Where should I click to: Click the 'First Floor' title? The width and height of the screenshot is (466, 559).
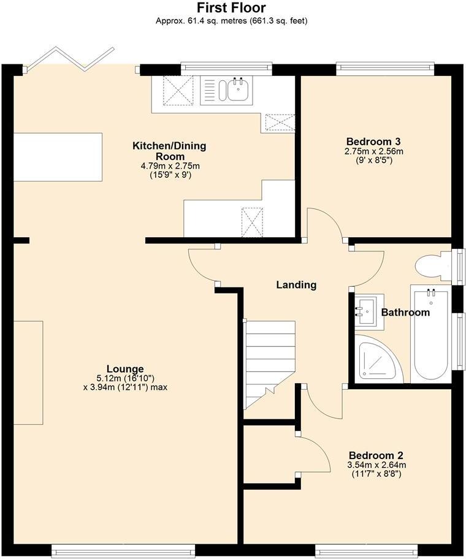point(231,8)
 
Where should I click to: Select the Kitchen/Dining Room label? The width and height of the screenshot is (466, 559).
point(170,151)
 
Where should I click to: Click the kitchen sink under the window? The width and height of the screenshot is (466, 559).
point(237,91)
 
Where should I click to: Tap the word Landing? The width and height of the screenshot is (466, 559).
point(296,284)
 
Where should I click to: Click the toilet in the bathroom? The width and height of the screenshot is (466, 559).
point(433,267)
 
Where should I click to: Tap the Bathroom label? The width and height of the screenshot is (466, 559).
point(405,312)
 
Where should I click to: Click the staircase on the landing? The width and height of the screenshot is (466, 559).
point(269,362)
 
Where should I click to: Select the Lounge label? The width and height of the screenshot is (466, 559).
point(125,368)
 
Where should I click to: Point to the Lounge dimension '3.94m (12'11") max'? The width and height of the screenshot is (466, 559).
point(125,387)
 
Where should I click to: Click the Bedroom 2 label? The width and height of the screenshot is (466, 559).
point(376,455)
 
